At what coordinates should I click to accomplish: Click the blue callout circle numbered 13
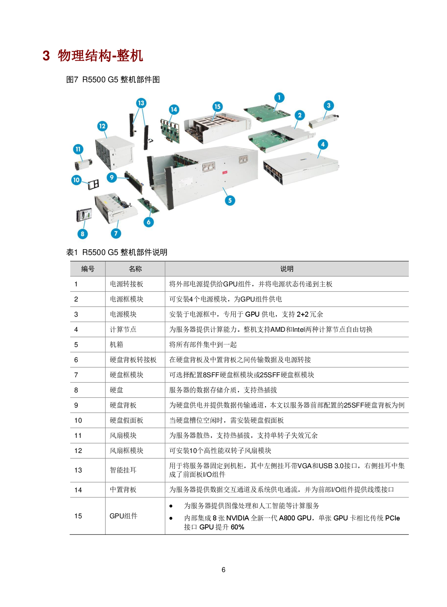pos(141,103)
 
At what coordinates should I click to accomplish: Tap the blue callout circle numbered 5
pos(230,201)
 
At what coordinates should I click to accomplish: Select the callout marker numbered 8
pos(83,234)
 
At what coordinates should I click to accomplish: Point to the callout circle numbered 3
pos(329,105)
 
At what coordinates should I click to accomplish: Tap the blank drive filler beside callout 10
pos(93,185)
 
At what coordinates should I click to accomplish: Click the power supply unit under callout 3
pos(323,122)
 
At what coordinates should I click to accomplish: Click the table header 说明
pos(287,269)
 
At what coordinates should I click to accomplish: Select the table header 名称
pos(135,269)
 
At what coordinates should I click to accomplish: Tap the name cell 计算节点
pos(123,330)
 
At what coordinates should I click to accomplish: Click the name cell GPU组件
pos(124,516)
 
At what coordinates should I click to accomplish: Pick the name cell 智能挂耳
pos(123,470)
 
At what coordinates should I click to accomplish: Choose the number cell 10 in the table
pos(78,421)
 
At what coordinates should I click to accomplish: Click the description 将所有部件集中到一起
pos(203,345)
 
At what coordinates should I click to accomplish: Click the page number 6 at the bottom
pos(223,570)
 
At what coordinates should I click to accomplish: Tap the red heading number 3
pos(47,56)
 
